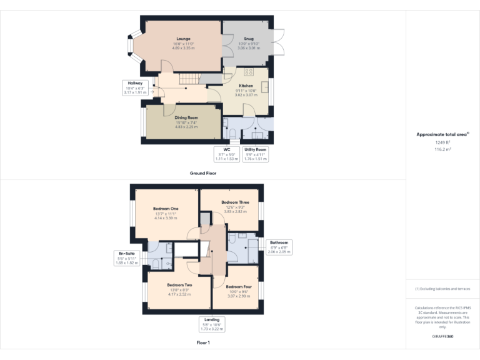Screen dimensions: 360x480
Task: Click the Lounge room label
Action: (183, 39)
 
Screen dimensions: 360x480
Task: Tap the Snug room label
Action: (248, 39)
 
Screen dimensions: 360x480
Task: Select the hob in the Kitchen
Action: (249, 72)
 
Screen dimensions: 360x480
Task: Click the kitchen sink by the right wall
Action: (265, 87)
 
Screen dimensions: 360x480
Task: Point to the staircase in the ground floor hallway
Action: (189, 79)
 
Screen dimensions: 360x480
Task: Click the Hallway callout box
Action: (135, 88)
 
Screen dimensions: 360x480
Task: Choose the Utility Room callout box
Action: (255, 154)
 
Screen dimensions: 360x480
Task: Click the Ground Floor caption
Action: (203, 173)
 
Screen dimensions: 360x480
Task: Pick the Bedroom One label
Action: (165, 209)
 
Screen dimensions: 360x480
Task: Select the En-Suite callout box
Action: (127, 258)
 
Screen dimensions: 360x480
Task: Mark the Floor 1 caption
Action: (203, 342)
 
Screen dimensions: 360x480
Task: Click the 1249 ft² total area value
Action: (442, 142)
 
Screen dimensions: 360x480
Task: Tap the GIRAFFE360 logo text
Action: (442, 336)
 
